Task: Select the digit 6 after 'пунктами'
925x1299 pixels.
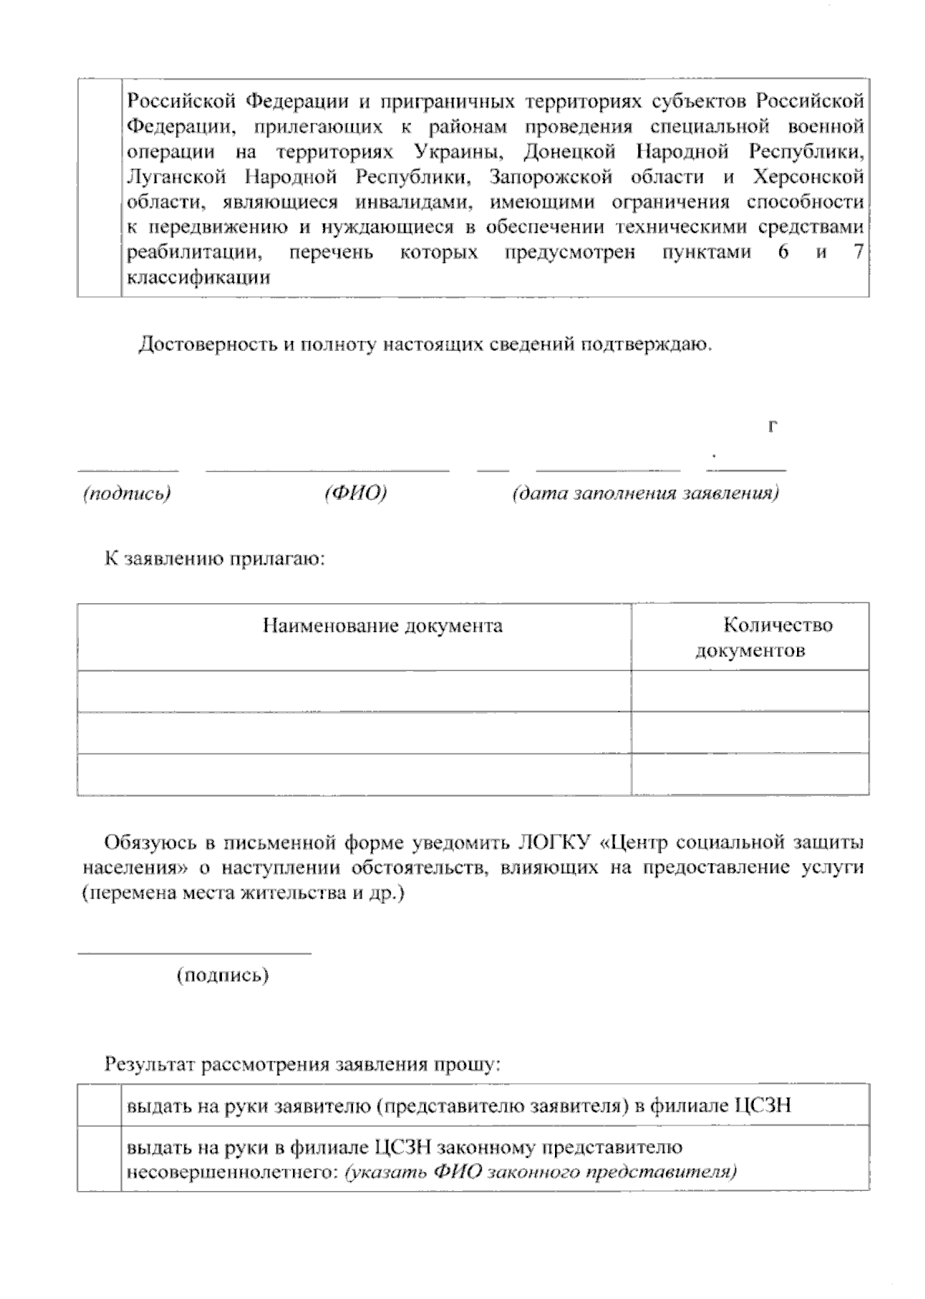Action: (x=782, y=253)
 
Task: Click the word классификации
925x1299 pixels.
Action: (x=198, y=278)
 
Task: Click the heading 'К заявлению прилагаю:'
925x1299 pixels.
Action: (x=215, y=558)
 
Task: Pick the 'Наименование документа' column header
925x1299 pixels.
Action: (x=382, y=625)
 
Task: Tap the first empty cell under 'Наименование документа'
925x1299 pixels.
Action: (x=354, y=691)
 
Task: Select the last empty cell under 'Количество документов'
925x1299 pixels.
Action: (x=750, y=774)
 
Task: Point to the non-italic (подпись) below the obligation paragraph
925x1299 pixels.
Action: (x=223, y=976)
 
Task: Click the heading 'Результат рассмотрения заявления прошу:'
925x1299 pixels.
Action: (x=303, y=1066)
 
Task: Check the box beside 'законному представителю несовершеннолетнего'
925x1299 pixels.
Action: (x=99, y=1159)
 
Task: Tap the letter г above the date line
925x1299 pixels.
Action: (x=772, y=426)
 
